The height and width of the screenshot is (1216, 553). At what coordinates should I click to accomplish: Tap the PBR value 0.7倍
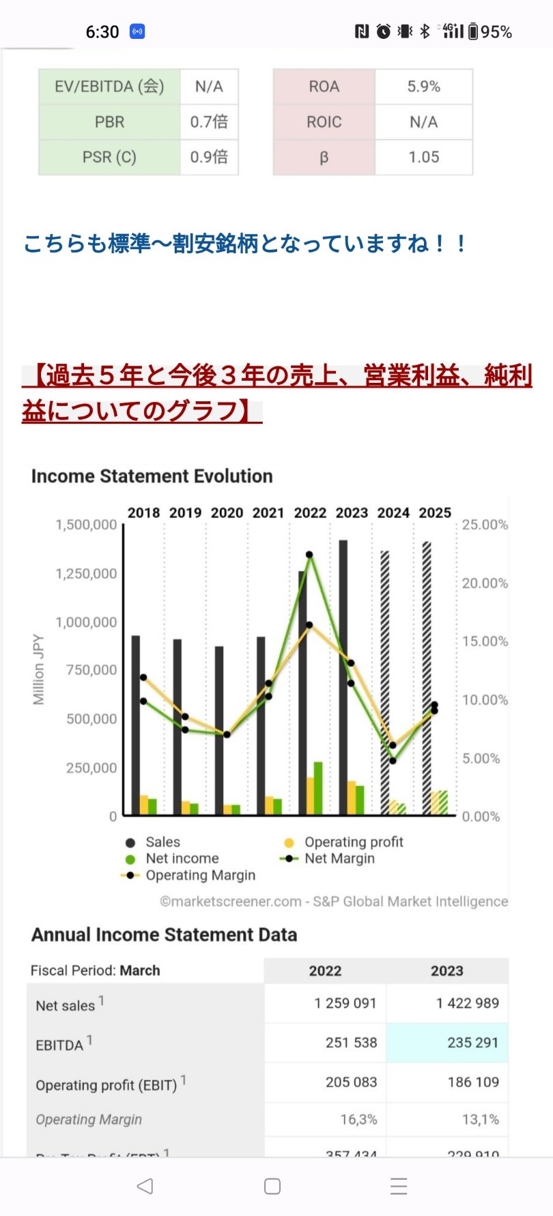point(209,122)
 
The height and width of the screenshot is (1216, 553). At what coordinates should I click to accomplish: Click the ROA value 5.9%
point(423,87)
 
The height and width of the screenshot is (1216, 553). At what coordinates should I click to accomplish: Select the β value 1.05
point(423,157)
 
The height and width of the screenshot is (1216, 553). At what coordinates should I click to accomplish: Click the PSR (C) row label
point(109,157)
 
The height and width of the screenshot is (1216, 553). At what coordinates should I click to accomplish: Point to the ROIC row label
point(324,122)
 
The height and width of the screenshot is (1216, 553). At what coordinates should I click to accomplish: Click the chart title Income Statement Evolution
point(152,476)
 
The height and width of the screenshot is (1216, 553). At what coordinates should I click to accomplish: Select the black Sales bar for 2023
point(343,676)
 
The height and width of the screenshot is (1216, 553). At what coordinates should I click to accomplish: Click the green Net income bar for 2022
point(318,788)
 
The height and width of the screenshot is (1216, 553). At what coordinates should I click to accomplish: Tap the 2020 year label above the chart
point(227,513)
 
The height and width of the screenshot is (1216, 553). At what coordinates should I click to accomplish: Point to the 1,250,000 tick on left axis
point(86,574)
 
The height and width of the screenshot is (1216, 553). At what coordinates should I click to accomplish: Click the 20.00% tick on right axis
point(485,583)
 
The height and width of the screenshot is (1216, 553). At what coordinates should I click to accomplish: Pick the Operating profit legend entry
point(353,842)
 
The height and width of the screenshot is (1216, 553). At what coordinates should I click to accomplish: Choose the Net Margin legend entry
point(339,858)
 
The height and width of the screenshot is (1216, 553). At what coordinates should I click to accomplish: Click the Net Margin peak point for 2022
point(309,555)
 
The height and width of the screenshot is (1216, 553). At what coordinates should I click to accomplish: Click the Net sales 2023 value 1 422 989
point(467,1003)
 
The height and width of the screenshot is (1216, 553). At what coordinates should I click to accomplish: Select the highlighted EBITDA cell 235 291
point(472,1043)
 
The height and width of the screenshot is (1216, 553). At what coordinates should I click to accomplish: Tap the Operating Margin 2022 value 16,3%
point(358,1120)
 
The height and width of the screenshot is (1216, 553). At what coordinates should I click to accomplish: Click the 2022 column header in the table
point(325,971)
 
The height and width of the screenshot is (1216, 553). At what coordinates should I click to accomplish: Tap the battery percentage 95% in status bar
point(496,32)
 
